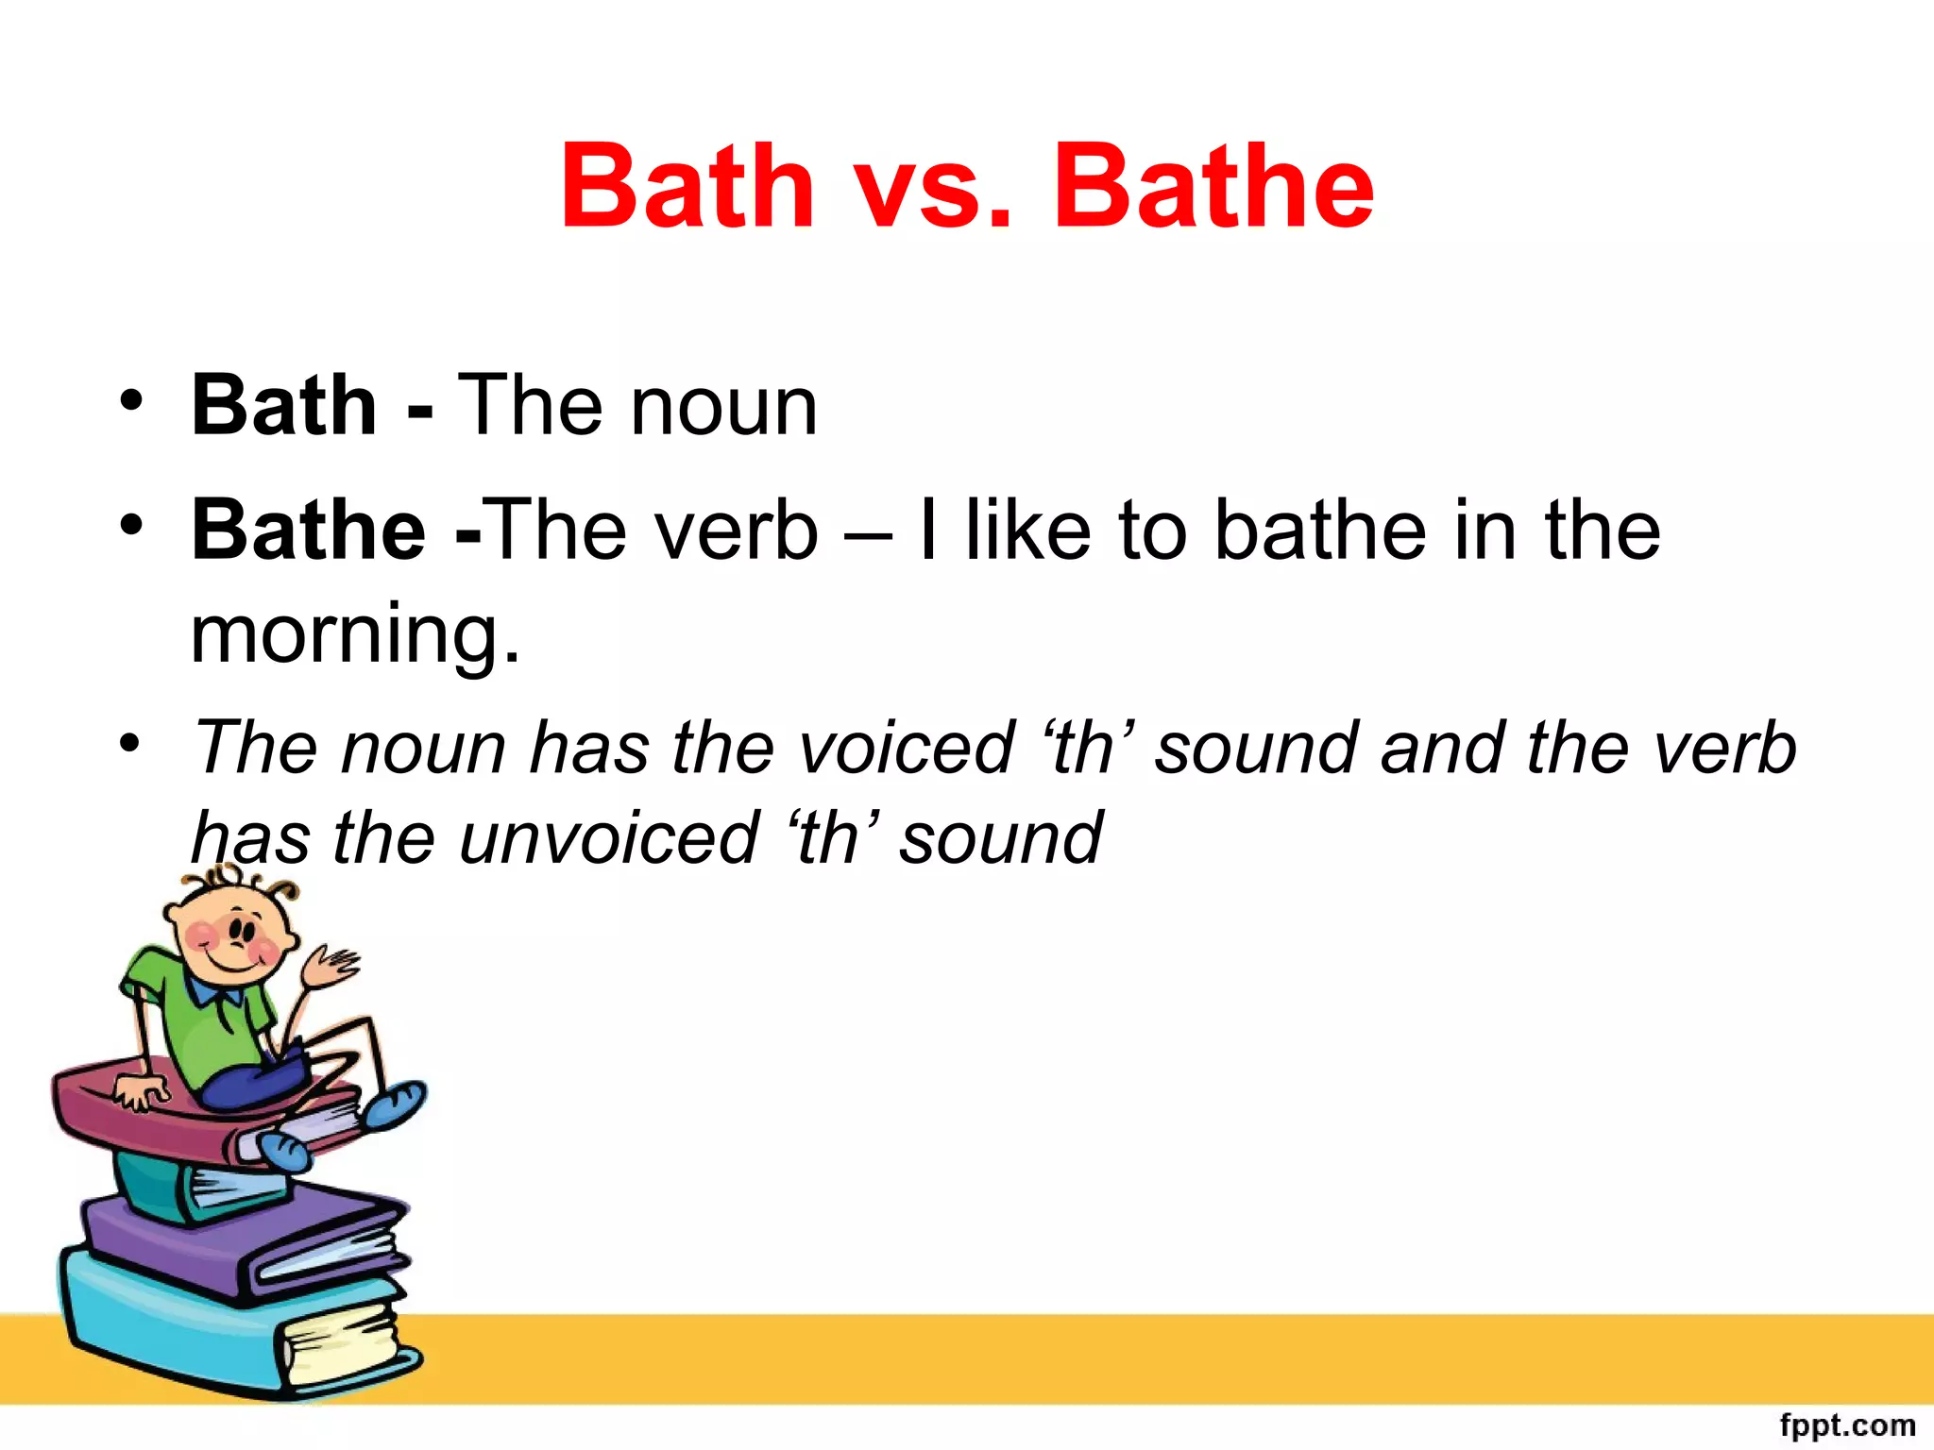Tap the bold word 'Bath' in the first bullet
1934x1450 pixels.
(x=284, y=405)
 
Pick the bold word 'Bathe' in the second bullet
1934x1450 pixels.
(x=308, y=530)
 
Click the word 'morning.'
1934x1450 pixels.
(x=355, y=633)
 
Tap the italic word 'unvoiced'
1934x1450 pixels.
(x=608, y=837)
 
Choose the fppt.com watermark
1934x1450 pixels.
(x=1847, y=1425)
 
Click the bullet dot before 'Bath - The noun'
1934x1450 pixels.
(x=131, y=400)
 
